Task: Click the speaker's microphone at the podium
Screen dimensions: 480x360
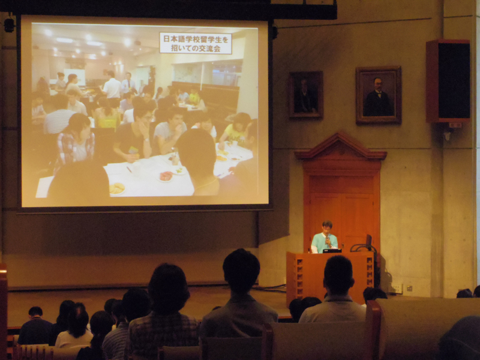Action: [x=326, y=238]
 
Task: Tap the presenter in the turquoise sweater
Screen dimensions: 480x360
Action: [x=325, y=237]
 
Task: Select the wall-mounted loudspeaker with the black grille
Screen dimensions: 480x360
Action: [x=448, y=81]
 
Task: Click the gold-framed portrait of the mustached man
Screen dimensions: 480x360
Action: [x=379, y=95]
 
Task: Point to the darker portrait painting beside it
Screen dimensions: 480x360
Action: [x=305, y=95]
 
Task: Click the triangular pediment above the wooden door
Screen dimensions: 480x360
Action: [x=340, y=146]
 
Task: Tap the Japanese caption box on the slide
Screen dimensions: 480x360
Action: [x=196, y=43]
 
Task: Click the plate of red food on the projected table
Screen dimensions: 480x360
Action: [x=166, y=176]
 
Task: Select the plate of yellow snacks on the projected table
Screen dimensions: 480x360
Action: [x=116, y=188]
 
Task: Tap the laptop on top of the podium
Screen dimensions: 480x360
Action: [x=332, y=250]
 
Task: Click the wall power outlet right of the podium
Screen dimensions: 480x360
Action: [x=396, y=288]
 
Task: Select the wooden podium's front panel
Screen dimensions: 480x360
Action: [x=331, y=277]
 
